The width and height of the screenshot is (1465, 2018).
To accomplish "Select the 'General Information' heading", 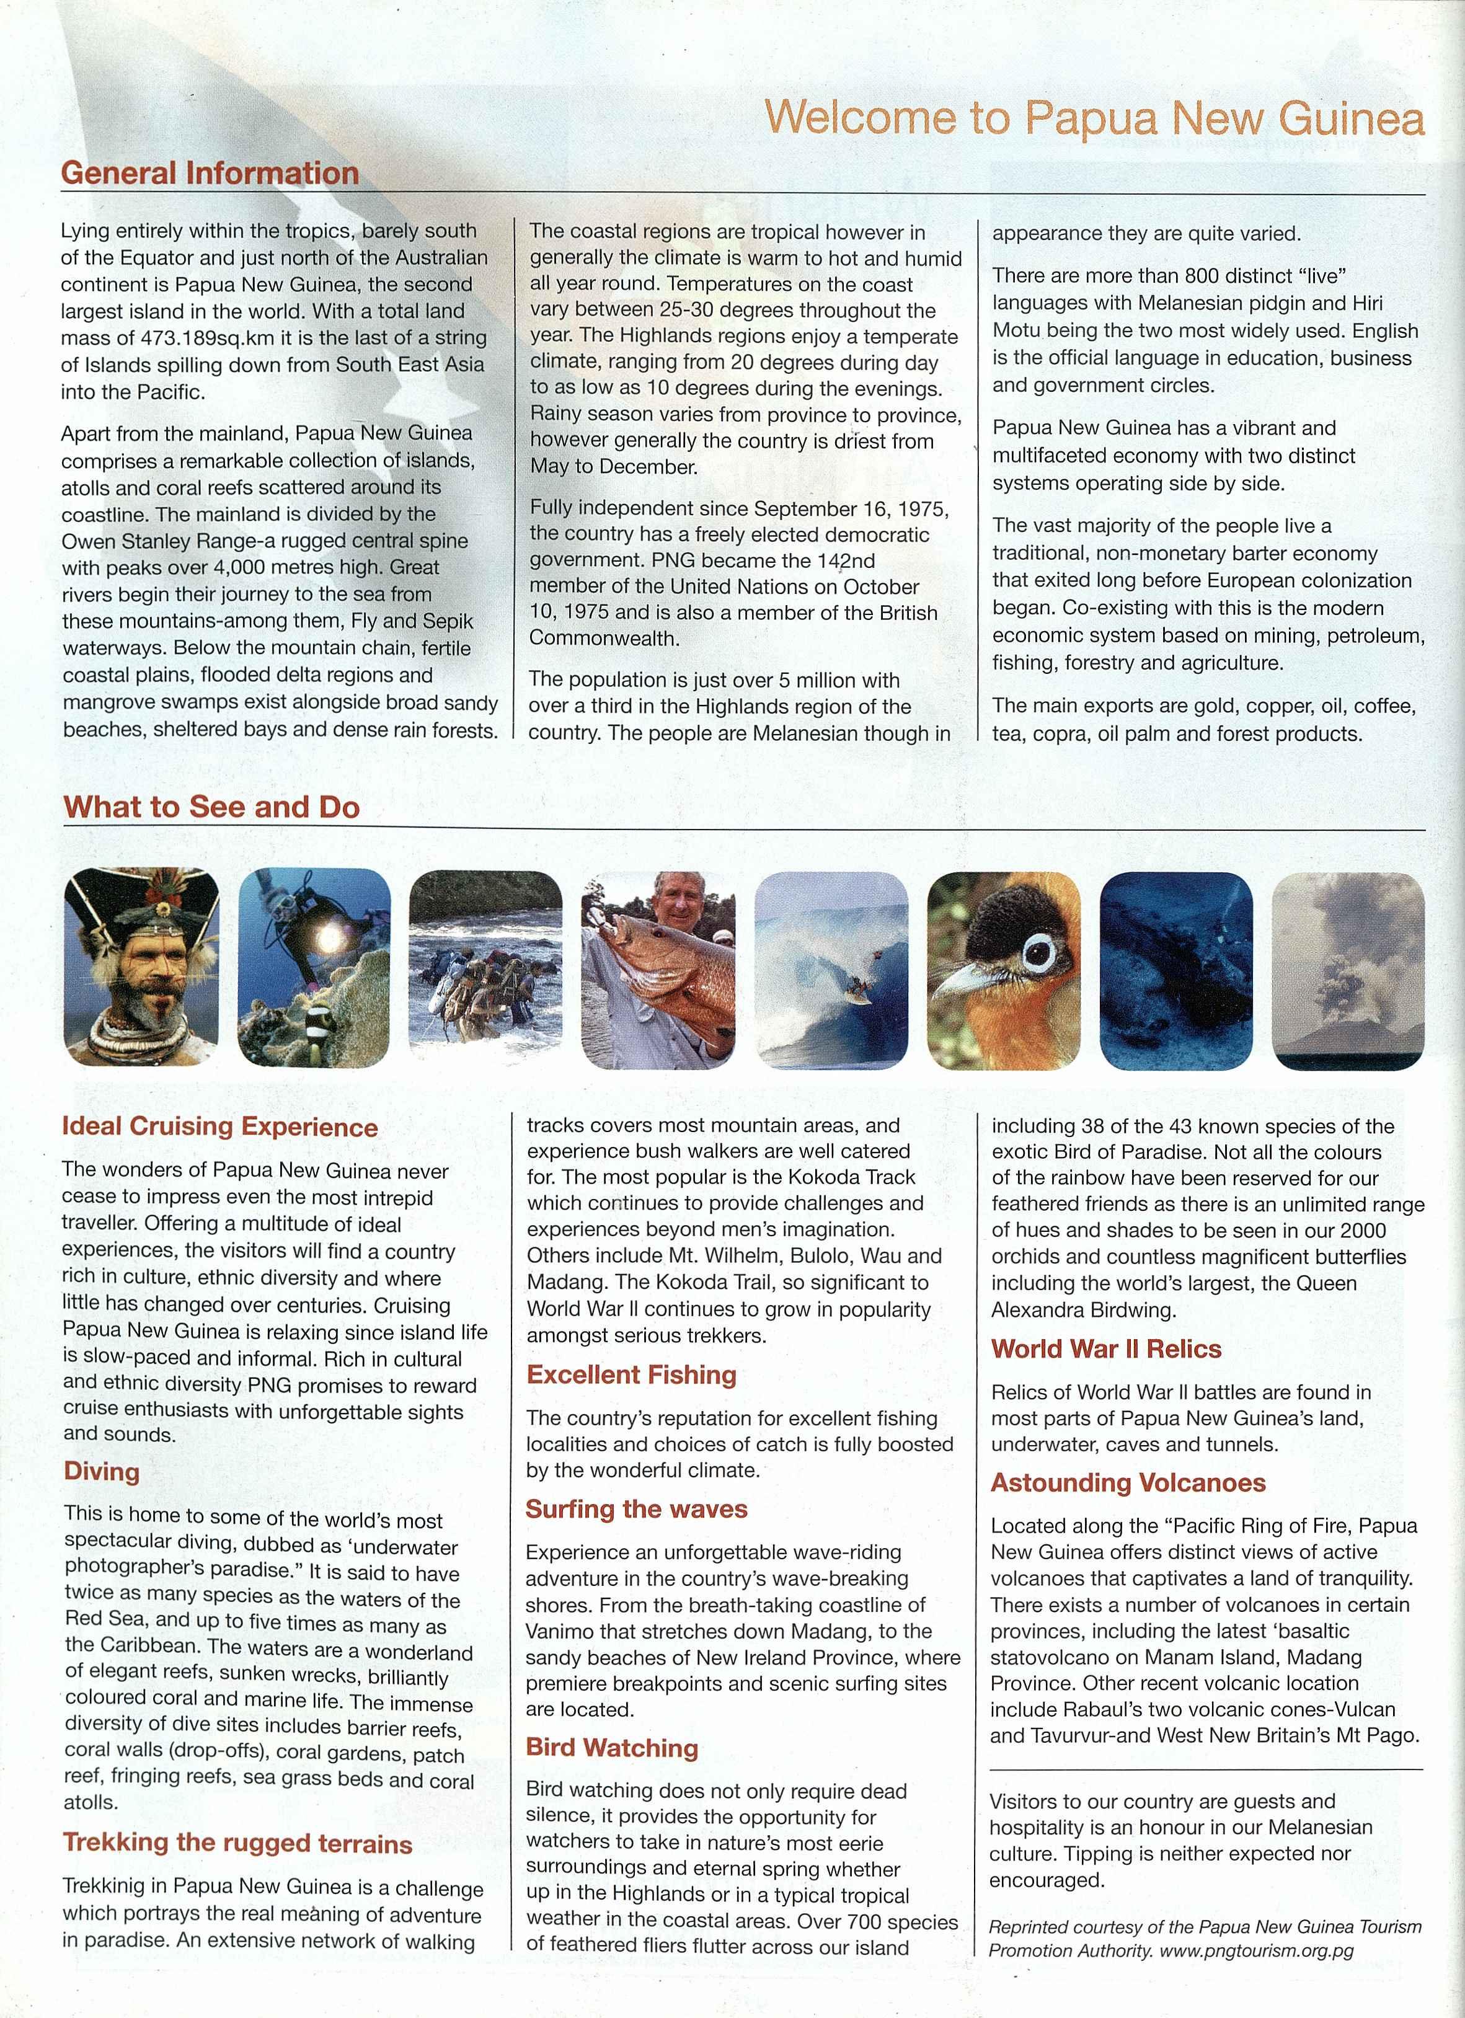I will tap(210, 172).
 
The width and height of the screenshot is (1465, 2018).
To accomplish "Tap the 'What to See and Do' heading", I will tap(212, 807).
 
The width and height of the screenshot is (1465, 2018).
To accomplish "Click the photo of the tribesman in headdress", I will tap(141, 967).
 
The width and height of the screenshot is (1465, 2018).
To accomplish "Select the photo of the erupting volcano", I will tap(1348, 970).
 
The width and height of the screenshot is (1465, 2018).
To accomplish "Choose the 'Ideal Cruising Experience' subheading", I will tap(220, 1126).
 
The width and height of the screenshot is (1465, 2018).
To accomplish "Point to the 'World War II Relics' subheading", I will tap(1106, 1349).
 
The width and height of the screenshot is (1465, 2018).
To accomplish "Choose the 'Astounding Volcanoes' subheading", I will tap(1128, 1482).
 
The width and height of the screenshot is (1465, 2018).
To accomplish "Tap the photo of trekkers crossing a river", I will tap(485, 970).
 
